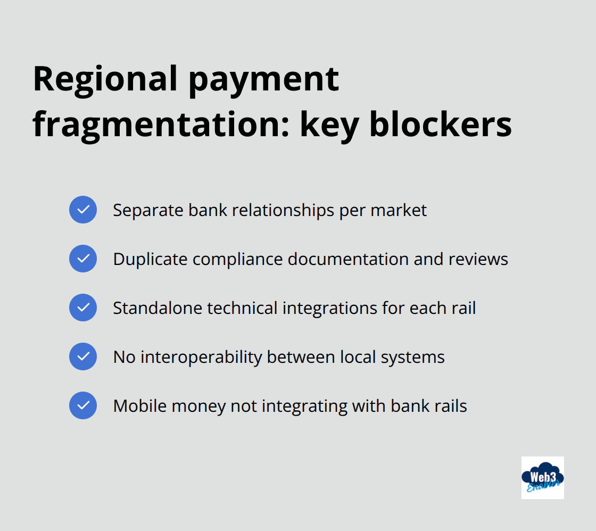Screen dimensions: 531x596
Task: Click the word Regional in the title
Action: click(105, 79)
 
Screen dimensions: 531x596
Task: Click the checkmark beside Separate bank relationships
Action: click(83, 210)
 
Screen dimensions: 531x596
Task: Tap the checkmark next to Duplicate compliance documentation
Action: click(83, 259)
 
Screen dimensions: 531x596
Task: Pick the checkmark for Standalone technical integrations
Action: click(83, 308)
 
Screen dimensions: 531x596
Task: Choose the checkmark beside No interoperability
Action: click(83, 356)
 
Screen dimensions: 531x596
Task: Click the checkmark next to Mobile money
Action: click(83, 405)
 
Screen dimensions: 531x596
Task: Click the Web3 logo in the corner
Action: click(542, 477)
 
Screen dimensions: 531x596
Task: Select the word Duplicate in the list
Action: click(150, 259)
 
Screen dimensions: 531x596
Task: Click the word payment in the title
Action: click(264, 79)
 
